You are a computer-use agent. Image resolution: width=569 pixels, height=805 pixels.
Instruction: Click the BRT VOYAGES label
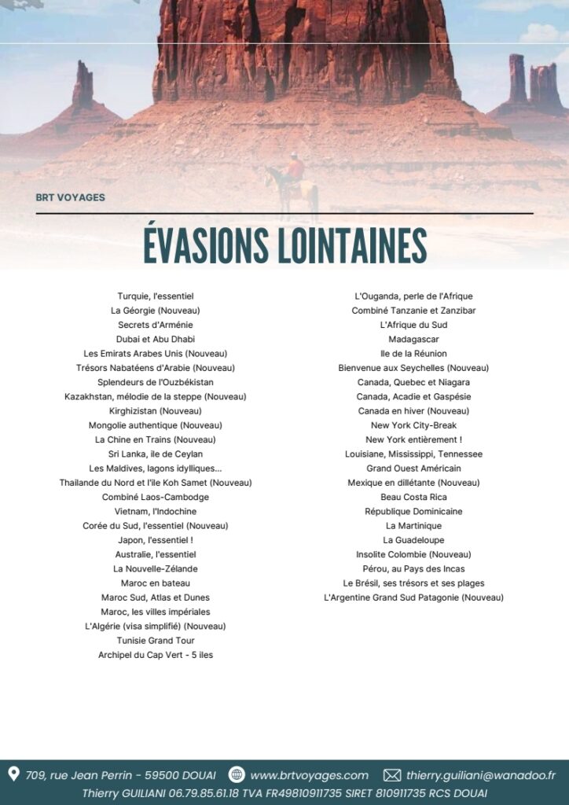point(70,197)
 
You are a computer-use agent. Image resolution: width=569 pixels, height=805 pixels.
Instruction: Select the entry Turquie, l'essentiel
point(156,296)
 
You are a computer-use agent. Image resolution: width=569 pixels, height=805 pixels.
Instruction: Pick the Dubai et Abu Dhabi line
point(156,339)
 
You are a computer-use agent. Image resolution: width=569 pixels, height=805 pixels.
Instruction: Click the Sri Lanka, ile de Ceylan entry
point(156,454)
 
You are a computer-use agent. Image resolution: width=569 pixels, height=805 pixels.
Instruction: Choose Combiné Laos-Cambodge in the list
point(156,497)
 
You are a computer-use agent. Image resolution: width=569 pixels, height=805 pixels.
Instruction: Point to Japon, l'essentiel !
point(156,540)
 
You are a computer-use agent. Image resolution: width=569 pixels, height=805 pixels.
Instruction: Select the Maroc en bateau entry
point(156,583)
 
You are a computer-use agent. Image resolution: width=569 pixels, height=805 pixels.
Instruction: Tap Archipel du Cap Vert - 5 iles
point(156,655)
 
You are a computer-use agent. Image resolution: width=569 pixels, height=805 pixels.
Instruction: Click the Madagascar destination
point(413,339)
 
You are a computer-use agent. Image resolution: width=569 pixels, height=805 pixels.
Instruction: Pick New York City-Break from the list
point(413,425)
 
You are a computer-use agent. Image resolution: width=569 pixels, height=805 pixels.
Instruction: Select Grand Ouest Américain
point(413,468)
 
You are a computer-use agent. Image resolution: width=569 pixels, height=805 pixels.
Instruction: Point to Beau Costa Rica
point(413,497)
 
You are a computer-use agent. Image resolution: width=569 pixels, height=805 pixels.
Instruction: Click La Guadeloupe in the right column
point(413,540)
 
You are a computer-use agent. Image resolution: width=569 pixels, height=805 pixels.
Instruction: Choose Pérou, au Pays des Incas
point(413,568)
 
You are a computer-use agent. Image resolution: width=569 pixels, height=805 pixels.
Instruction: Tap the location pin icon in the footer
point(13,775)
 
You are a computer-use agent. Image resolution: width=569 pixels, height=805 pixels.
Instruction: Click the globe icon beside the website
point(237,775)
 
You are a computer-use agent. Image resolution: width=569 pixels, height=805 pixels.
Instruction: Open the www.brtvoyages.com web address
point(309,775)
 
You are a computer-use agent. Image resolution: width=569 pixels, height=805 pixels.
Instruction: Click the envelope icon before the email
point(391,775)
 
